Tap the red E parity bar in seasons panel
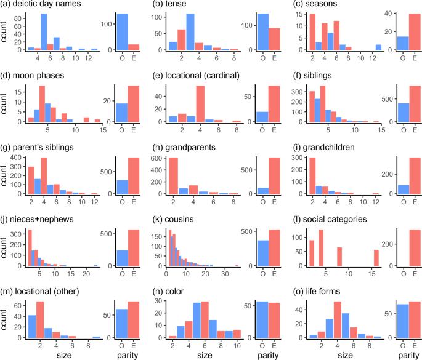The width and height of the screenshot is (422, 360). point(407,32)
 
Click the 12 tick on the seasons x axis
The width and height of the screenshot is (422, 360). point(377,57)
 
